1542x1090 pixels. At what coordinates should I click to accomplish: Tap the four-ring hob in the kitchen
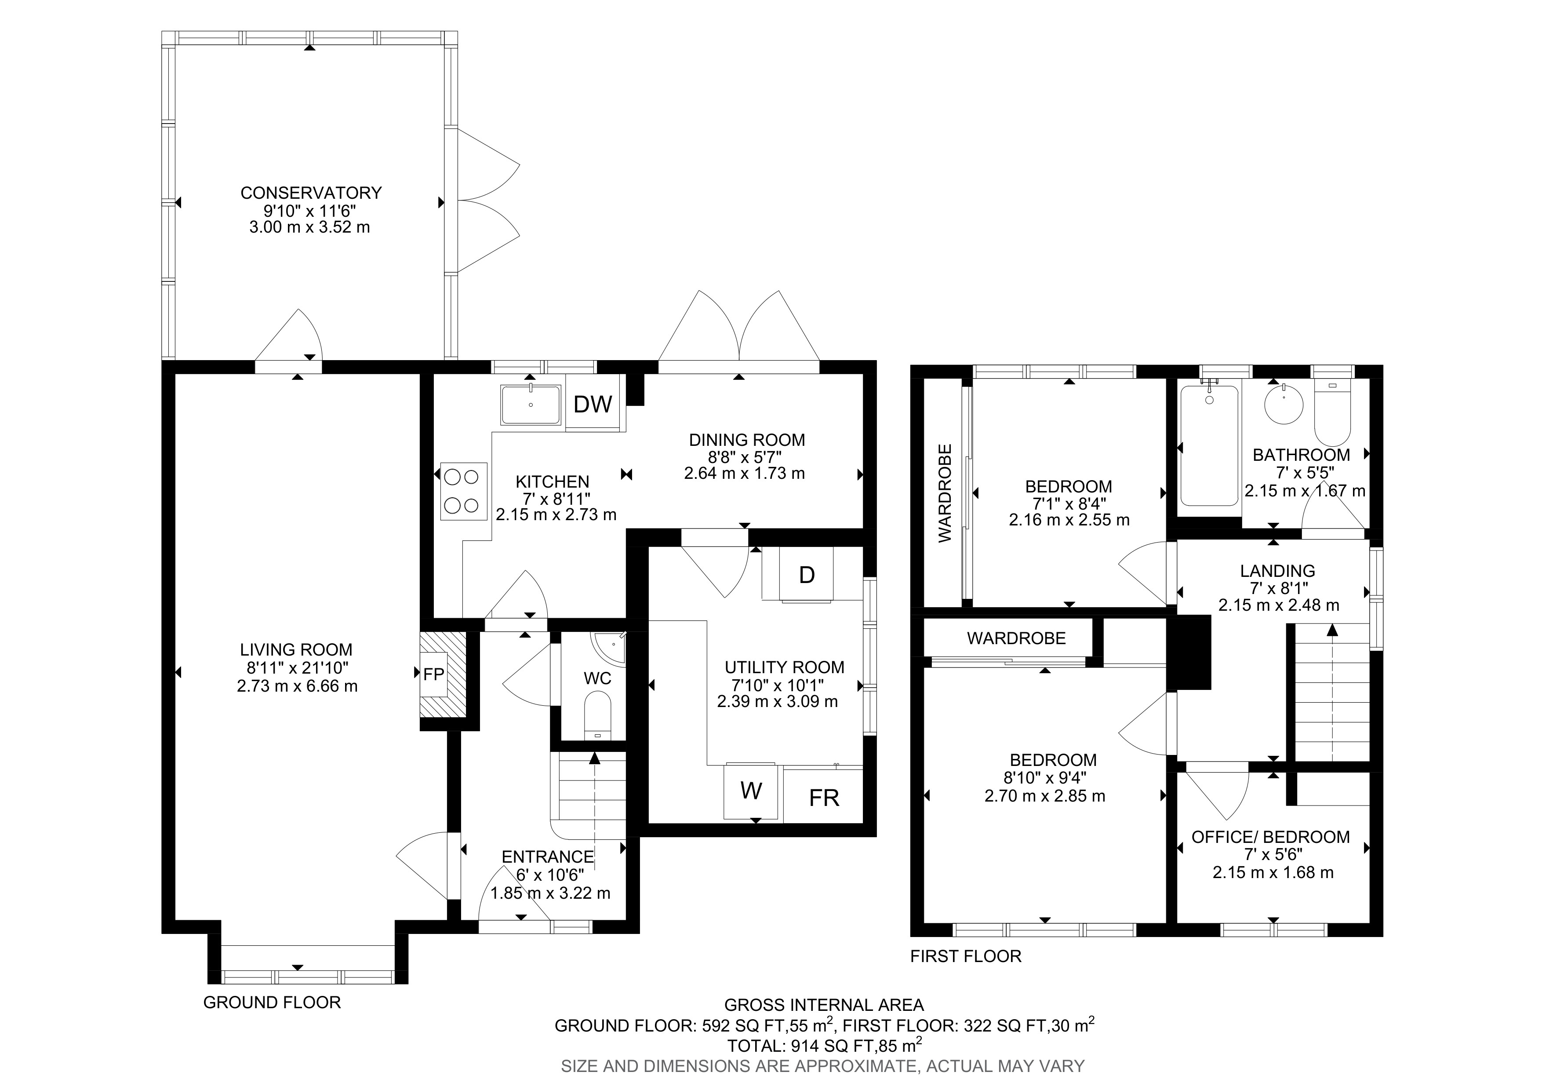(x=463, y=491)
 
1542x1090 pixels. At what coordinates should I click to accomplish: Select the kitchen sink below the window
(x=531, y=405)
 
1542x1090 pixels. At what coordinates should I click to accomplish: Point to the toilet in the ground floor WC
(x=597, y=716)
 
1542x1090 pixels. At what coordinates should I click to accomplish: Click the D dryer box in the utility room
(x=807, y=574)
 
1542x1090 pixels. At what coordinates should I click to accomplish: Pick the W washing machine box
(x=751, y=791)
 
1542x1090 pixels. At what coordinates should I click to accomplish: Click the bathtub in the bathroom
(x=1209, y=445)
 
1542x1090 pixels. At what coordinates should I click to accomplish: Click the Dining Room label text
(x=747, y=440)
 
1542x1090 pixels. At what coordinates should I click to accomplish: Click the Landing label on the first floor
(x=1277, y=571)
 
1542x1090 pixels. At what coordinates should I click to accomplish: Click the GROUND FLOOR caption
(x=272, y=1003)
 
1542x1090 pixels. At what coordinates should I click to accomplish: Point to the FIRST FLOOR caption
(x=965, y=956)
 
